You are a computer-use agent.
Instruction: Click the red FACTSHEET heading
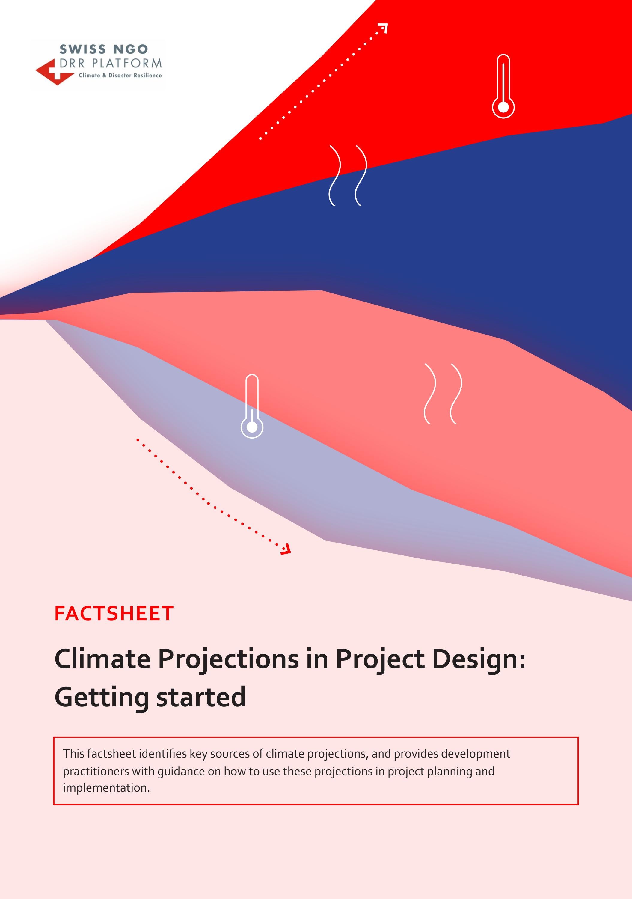114,614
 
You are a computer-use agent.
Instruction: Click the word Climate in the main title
102,659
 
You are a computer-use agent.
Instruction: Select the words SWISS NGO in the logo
104,49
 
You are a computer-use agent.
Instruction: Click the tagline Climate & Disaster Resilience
120,75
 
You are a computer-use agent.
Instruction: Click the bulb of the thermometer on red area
503,107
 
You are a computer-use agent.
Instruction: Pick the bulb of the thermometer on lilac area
252,427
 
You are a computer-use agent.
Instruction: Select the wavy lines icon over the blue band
348,175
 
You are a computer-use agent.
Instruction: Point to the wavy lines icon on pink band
443,394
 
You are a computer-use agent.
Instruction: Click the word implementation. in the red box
106,788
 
